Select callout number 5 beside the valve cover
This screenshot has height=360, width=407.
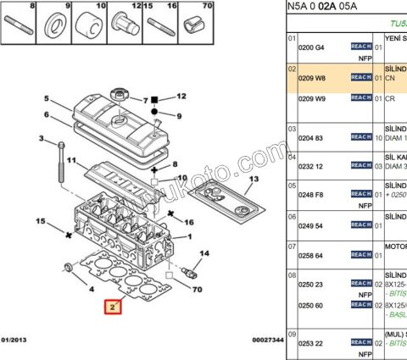(x=47, y=99)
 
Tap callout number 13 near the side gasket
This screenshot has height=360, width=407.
(x=253, y=180)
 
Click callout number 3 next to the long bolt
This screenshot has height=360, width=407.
(x=40, y=138)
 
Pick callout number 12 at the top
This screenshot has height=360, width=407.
(x=181, y=97)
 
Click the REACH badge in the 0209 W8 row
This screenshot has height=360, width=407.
(x=360, y=77)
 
